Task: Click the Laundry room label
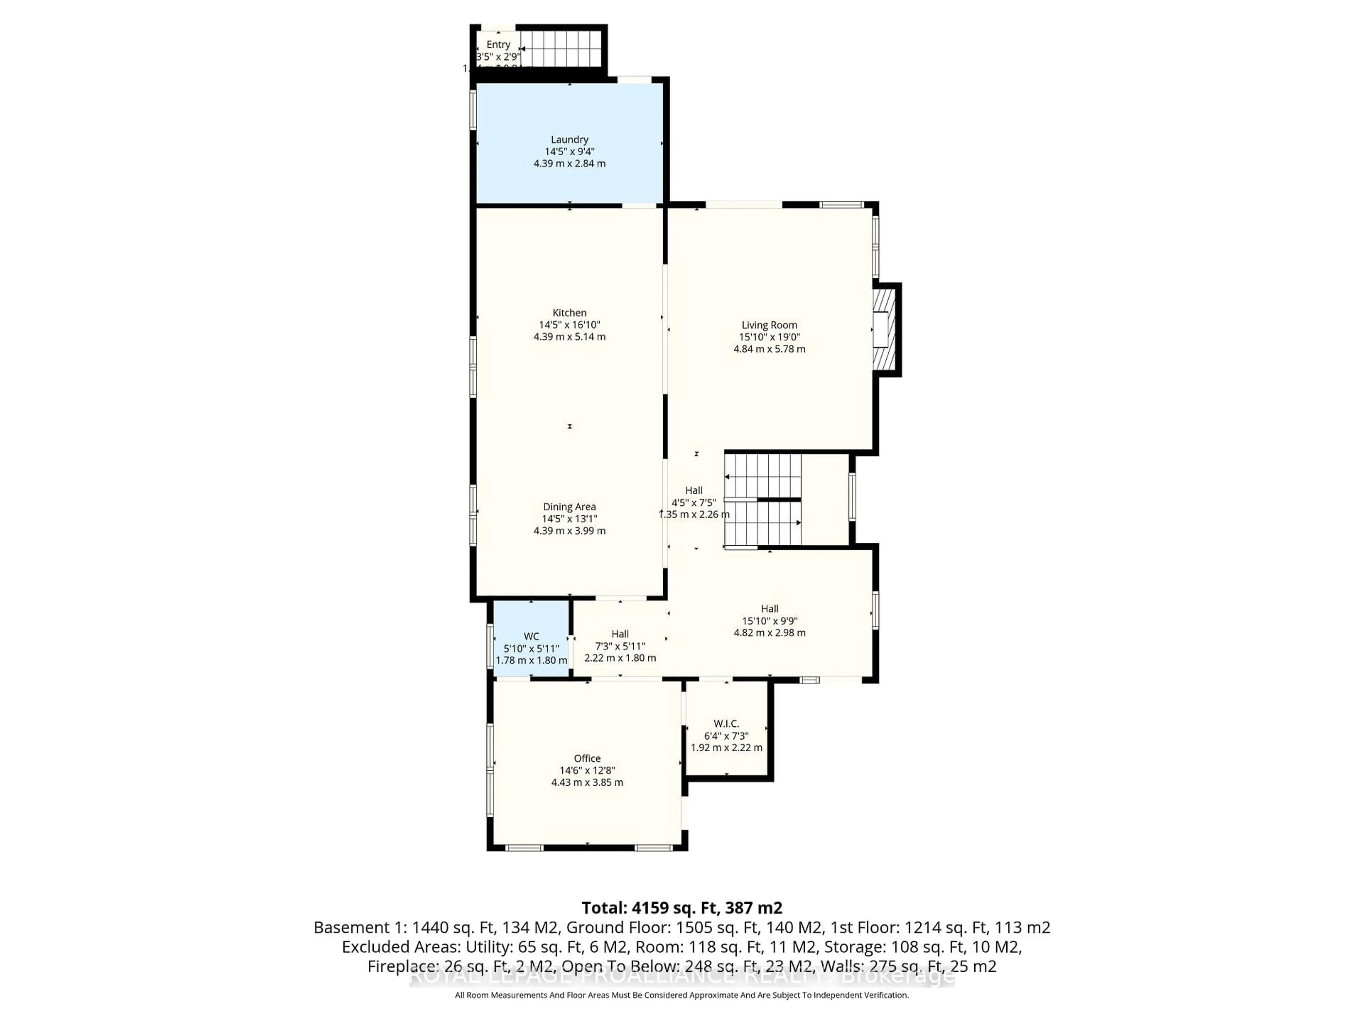pyautogui.click(x=569, y=139)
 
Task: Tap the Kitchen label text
pyautogui.click(x=569, y=313)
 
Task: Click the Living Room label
pyautogui.click(x=769, y=325)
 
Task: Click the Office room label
pyautogui.click(x=587, y=758)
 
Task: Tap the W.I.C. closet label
pyautogui.click(x=726, y=723)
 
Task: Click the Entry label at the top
pyautogui.click(x=498, y=44)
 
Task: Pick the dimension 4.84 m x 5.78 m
pyautogui.click(x=769, y=349)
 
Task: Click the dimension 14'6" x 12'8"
pyautogui.click(x=587, y=770)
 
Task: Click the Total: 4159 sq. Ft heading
pyautogui.click(x=681, y=908)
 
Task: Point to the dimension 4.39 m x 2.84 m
pyautogui.click(x=569, y=163)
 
